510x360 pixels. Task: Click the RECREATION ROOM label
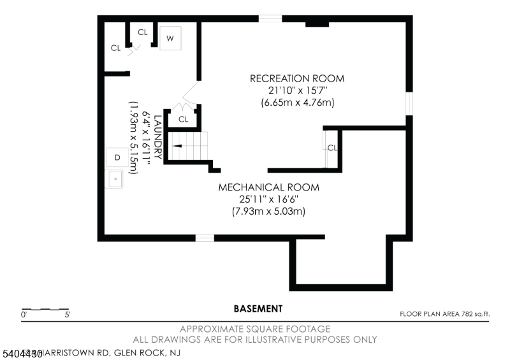(296, 78)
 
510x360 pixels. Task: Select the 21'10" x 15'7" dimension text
(296, 90)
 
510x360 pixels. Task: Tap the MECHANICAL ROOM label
(268, 187)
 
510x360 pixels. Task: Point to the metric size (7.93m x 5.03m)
(268, 211)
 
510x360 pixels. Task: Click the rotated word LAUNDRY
(156, 137)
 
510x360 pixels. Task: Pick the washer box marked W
(170, 38)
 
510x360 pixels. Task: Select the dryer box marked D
(117, 157)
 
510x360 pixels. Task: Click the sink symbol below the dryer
(116, 180)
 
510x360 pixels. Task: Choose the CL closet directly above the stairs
(184, 119)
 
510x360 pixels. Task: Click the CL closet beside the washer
(142, 32)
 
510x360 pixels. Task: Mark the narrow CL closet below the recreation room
(331, 148)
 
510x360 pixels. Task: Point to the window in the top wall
(270, 18)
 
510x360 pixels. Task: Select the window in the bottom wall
(205, 238)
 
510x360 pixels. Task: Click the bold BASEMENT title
(258, 309)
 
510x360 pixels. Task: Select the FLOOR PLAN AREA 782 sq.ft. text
(444, 313)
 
